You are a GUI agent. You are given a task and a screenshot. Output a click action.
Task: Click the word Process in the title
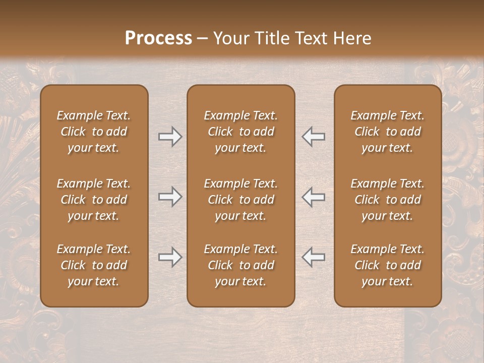158,38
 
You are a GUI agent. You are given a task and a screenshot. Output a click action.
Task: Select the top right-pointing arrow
170,137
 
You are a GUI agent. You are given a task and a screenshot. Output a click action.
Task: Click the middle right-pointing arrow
170,197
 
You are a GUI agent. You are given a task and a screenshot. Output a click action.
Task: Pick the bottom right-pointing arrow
170,257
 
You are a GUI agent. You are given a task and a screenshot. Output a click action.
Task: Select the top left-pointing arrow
313,137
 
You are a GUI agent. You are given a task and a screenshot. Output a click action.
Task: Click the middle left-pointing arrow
313,197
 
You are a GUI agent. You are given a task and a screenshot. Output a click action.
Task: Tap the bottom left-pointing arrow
313,257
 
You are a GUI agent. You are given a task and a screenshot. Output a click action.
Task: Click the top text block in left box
94,132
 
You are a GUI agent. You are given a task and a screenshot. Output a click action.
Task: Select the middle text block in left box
94,200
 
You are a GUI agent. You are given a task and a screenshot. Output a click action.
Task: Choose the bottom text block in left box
94,265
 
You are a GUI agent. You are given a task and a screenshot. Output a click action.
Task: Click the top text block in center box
240,132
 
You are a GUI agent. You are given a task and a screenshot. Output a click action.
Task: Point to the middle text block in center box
240,200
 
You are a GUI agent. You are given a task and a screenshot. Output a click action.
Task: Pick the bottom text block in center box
240,265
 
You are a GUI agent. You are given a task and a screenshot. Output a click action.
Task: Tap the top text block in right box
387,132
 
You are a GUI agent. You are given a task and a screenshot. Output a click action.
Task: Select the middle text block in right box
387,200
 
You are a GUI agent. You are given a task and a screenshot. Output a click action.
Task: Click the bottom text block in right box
387,265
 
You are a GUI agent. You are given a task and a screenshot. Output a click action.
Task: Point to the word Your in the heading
231,38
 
